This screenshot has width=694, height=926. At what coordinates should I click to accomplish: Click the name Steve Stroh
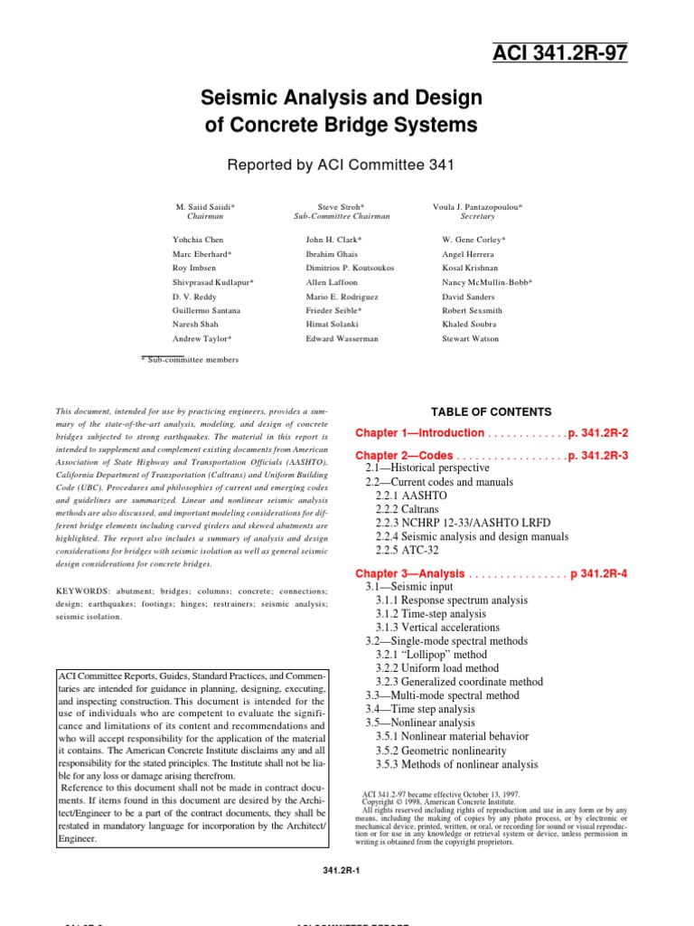click(341, 207)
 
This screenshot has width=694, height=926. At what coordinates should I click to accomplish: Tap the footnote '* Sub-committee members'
click(192, 359)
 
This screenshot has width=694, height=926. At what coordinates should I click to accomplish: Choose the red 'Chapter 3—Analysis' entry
click(410, 573)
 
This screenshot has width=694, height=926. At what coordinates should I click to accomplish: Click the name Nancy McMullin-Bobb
click(487, 282)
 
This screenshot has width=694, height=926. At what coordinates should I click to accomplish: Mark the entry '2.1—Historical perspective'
click(427, 468)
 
